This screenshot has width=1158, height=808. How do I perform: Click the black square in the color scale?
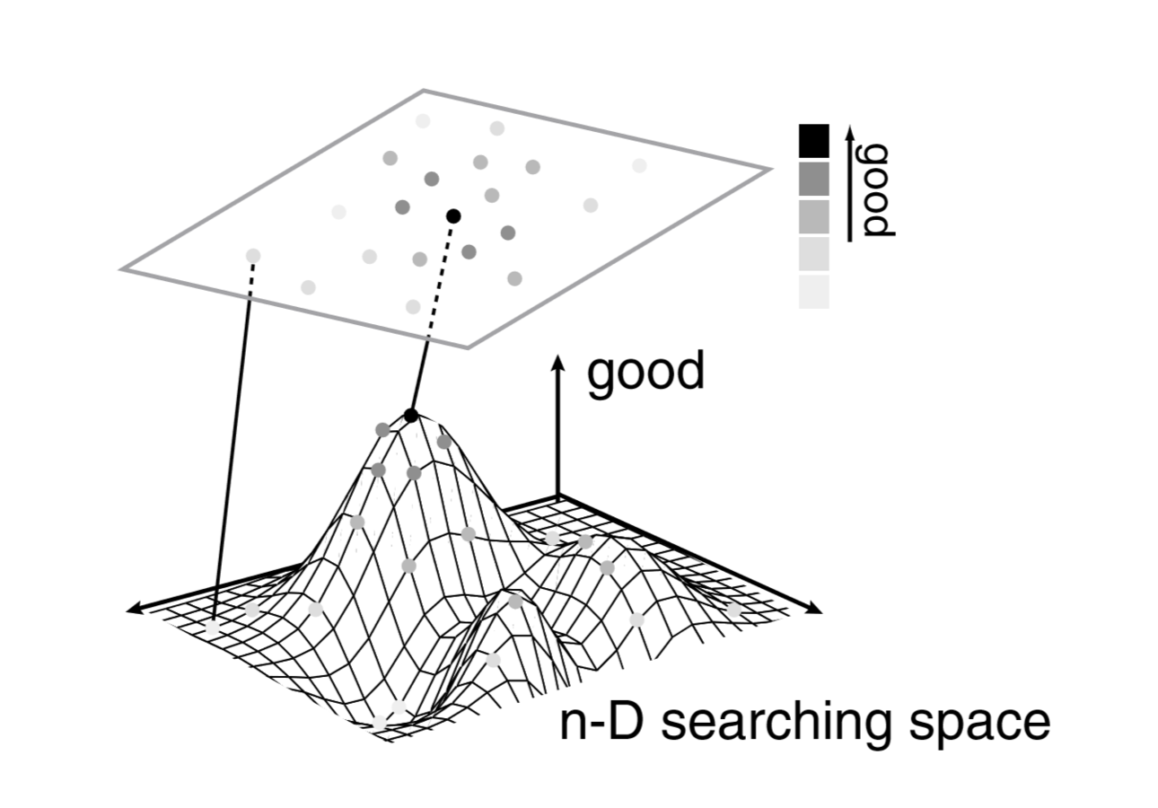813,141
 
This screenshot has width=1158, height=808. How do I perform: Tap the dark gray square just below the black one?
813,179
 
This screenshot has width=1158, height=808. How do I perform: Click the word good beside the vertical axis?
645,373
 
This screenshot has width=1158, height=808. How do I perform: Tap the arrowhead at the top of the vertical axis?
557,361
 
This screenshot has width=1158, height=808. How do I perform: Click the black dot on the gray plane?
453,215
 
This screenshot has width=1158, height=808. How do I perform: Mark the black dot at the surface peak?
411,415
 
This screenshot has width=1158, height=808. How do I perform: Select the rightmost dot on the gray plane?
639,165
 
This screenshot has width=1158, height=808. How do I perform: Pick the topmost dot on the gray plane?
423,120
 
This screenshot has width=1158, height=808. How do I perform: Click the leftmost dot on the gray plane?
253,256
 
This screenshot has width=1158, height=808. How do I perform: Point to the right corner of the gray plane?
768,168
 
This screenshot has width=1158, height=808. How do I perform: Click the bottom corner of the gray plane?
467,347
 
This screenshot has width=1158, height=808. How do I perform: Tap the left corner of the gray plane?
123,268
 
